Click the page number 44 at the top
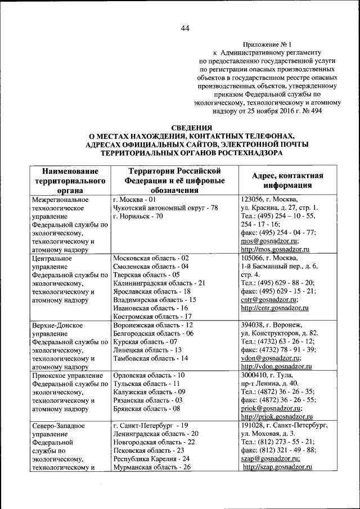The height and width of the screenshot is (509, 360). (184, 29)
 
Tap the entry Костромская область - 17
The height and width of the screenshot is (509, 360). (150, 317)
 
